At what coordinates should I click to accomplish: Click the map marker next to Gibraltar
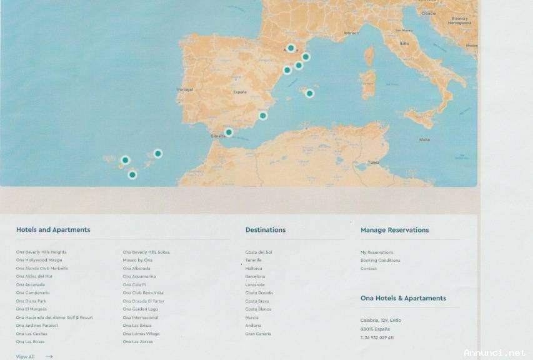229,132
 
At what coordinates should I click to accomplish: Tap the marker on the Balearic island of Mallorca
309,93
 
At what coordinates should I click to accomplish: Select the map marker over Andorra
291,47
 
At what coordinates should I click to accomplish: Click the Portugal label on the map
186,89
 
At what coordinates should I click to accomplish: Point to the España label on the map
240,92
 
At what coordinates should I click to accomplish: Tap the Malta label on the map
424,139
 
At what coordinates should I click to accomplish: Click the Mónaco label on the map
352,33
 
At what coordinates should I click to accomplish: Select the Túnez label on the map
374,162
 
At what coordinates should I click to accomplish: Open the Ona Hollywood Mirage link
39,260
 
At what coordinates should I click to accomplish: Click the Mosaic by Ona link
137,260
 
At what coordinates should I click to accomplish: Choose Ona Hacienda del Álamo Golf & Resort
54,317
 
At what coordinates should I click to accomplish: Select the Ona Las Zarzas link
137,342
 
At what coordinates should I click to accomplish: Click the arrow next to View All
49,357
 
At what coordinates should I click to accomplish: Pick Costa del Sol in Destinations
259,252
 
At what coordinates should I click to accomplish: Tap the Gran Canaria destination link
258,334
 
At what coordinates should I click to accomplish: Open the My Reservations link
377,252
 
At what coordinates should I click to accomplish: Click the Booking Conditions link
380,260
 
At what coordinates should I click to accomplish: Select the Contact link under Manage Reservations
369,269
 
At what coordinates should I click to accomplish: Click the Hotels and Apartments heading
53,229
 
